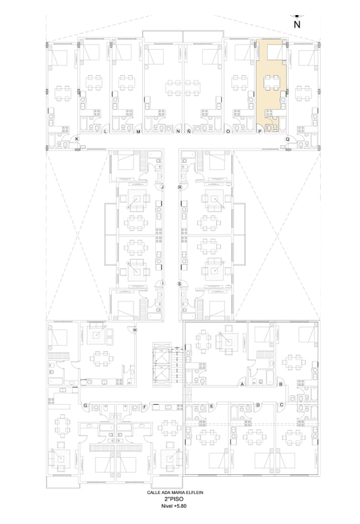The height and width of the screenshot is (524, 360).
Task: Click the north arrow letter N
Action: tap(297, 24)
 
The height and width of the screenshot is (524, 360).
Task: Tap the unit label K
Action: tap(77, 139)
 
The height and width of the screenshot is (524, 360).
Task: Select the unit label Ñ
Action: tap(189, 132)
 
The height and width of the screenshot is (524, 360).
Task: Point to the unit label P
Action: tap(260, 132)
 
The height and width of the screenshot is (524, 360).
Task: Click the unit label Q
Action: tap(287, 139)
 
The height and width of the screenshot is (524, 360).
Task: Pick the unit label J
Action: tap(162, 187)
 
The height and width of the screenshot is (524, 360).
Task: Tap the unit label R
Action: tap(180, 187)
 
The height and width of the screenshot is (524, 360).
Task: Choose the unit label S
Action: tap(179, 284)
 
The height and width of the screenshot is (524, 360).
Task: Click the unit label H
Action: tap(135, 330)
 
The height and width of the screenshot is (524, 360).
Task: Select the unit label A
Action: tap(242, 384)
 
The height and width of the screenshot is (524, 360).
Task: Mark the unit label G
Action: tap(86, 405)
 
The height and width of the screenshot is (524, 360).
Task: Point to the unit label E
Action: tap(211, 405)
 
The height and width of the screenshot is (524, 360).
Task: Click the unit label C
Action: tap(281, 405)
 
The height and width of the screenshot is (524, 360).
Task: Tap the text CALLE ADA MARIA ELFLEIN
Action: tap(175, 493)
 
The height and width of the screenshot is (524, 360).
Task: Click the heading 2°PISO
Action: tap(174, 499)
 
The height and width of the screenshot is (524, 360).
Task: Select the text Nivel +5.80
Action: tap(174, 506)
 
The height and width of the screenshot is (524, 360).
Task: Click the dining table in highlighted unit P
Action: tap(271, 83)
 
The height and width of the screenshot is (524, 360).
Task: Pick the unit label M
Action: tap(138, 132)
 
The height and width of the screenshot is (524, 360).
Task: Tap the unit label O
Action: tap(228, 132)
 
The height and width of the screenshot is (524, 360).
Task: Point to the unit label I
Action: tap(162, 284)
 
